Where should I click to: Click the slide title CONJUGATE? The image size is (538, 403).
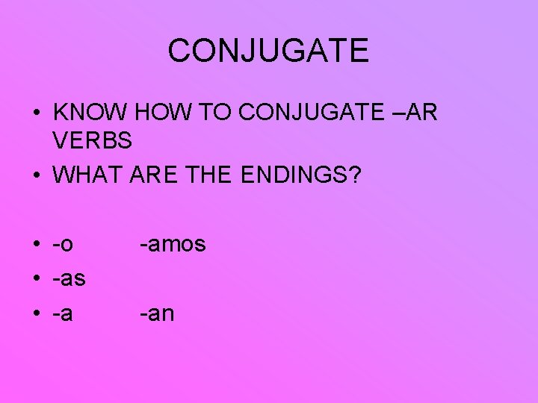[x=268, y=51]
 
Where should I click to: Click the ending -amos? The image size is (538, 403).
[x=173, y=244]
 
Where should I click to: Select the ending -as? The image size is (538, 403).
[x=69, y=279]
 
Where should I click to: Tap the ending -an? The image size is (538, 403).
[x=157, y=314]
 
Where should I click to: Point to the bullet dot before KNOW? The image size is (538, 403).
[x=36, y=114]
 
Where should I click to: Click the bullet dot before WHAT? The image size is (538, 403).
[x=36, y=177]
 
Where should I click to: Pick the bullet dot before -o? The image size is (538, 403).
[x=36, y=245]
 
